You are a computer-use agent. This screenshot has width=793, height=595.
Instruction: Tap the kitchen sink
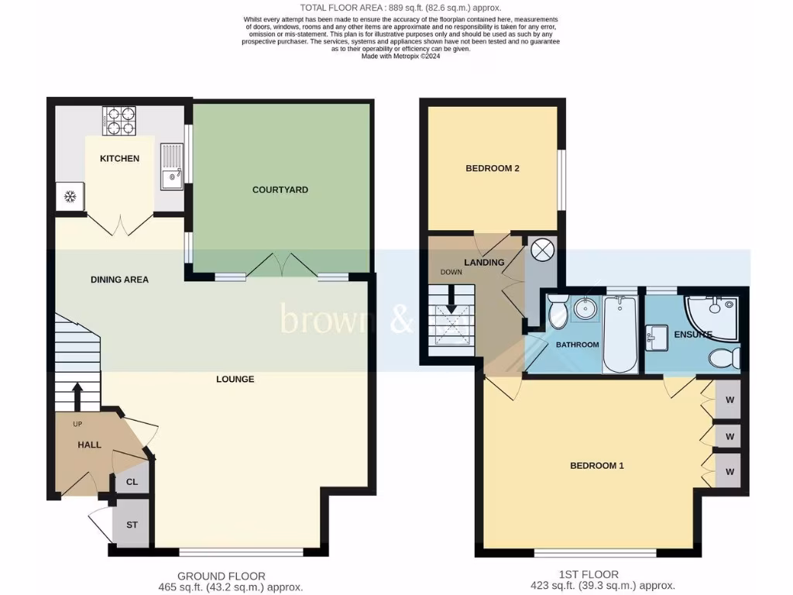(x=171, y=166)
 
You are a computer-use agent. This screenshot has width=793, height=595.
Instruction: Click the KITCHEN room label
(x=120, y=159)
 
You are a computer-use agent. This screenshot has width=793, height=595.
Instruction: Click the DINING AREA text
(x=119, y=280)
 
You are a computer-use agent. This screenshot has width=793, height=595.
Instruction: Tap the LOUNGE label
(x=235, y=380)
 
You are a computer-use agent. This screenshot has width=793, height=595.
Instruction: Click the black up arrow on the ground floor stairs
(x=77, y=395)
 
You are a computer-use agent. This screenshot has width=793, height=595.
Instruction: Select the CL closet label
(x=132, y=482)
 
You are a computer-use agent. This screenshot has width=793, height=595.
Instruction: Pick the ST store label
(x=132, y=525)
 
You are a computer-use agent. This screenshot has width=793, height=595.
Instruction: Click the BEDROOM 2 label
(x=492, y=169)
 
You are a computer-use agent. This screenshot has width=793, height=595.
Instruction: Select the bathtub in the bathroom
(x=620, y=334)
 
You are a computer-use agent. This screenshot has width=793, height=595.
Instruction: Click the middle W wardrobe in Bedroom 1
(x=729, y=435)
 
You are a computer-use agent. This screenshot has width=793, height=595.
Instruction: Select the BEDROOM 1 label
(x=596, y=466)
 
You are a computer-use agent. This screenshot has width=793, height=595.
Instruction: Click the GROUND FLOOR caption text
(x=221, y=576)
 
